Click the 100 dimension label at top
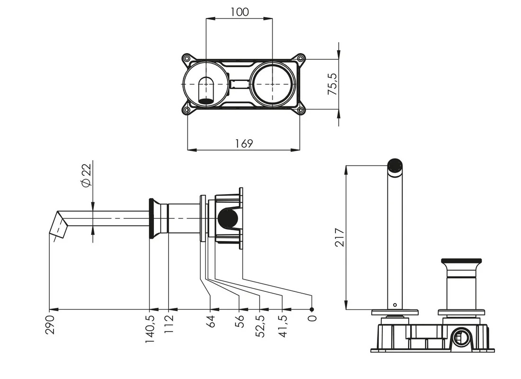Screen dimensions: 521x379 (x=240, y=12)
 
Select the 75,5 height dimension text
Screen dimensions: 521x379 (x=332, y=84)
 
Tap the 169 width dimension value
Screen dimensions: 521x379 (x=244, y=143)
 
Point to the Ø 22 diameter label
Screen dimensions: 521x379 (x=86, y=175)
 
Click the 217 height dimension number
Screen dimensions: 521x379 (x=340, y=237)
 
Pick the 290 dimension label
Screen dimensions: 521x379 (x=50, y=324)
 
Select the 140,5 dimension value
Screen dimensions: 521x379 (x=150, y=329)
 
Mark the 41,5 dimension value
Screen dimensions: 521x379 (x=283, y=326)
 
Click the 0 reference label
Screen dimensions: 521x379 (x=312, y=318)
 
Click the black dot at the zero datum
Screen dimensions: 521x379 (x=312, y=309)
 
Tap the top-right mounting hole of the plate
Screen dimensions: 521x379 (x=300, y=59)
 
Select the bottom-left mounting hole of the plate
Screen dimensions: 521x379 (x=187, y=110)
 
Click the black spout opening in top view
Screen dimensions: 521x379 (x=206, y=100)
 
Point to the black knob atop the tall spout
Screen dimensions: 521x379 (x=395, y=165)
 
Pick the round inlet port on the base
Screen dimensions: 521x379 (x=461, y=338)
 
